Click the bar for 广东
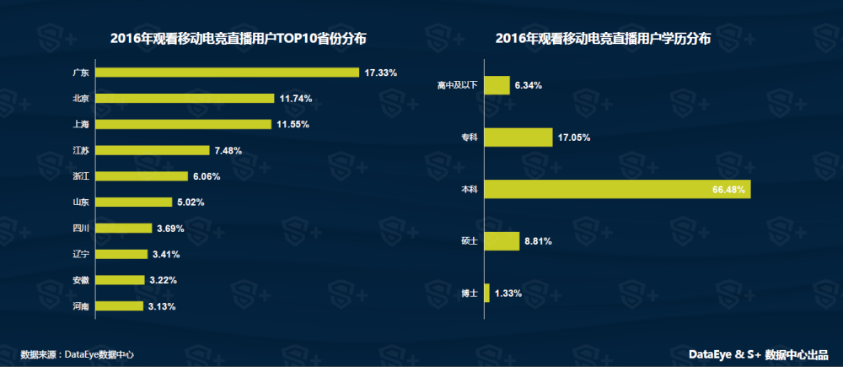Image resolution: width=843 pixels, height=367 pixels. tap(228, 73)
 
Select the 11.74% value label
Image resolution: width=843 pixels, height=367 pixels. tap(296, 99)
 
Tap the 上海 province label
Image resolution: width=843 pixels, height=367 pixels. tap(81, 125)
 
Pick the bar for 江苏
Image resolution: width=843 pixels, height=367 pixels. tap(153, 150)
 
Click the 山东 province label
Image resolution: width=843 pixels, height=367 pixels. tap(81, 202)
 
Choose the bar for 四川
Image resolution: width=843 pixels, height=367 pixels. tap(124, 228)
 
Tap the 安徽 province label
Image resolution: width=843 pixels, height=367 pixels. tap(81, 280)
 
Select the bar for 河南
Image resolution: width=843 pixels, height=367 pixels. tap(120, 306)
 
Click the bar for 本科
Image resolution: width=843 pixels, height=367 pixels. tap(618, 190)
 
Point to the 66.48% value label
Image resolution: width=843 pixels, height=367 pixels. tap(728, 190)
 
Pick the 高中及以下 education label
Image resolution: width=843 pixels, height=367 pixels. tap(458, 85)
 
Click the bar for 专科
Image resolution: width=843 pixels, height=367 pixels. tap(519, 138)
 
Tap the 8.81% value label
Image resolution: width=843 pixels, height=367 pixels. tap(538, 241)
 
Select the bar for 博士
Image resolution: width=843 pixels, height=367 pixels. tap(487, 294)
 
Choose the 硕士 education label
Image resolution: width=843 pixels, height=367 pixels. tap(470, 242)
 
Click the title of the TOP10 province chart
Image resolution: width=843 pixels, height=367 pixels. tap(239, 39)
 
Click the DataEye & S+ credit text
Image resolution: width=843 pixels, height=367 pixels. tap(758, 354)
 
